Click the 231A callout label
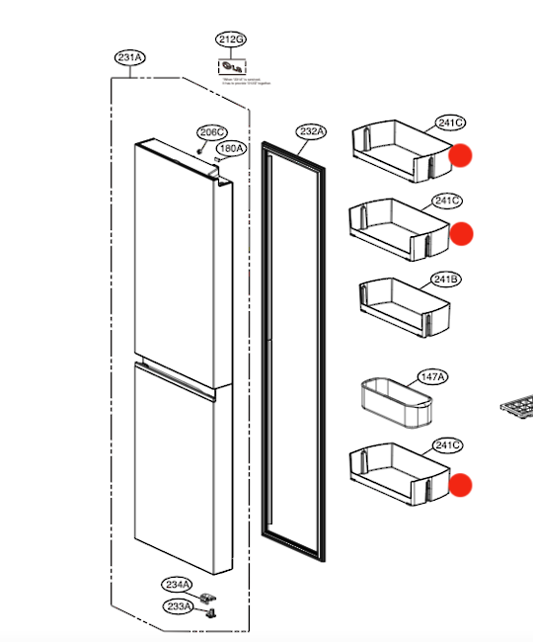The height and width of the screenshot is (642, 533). [x=130, y=58]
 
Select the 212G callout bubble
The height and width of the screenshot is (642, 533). [x=230, y=40]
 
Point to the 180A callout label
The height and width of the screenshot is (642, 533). [x=231, y=149]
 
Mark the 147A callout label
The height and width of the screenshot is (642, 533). [x=431, y=377]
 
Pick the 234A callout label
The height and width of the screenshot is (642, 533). [x=178, y=586]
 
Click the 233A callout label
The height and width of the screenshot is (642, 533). [x=178, y=606]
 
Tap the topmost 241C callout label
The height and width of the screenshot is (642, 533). [x=450, y=123]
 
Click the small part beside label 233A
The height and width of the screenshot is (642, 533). [x=209, y=611]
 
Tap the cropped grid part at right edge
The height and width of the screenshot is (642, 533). [x=518, y=404]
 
